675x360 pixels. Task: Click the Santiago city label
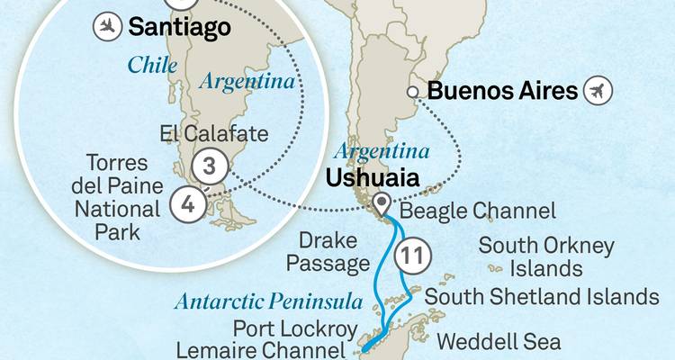click(x=179, y=27)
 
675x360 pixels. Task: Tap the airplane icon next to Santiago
click(x=107, y=27)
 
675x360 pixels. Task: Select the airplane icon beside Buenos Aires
click(x=597, y=91)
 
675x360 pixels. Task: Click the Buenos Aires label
click(x=501, y=91)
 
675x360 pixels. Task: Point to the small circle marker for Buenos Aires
click(x=413, y=92)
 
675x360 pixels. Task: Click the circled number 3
click(x=208, y=166)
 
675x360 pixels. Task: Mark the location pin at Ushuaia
click(x=382, y=202)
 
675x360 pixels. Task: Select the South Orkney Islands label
click(x=546, y=256)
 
